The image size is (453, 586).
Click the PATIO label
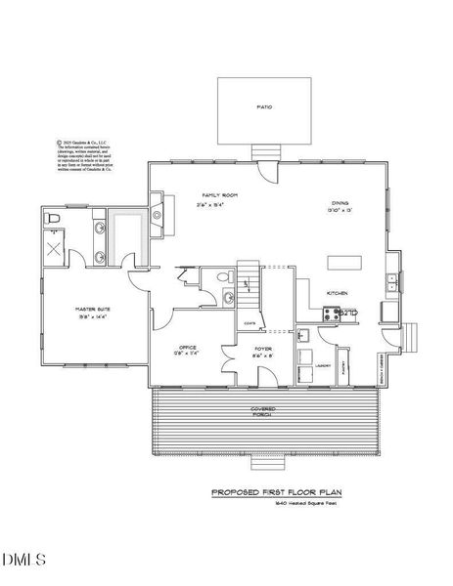264,106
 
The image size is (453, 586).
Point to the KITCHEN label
338,292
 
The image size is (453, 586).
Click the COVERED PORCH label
262,412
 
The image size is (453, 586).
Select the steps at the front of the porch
262,458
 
